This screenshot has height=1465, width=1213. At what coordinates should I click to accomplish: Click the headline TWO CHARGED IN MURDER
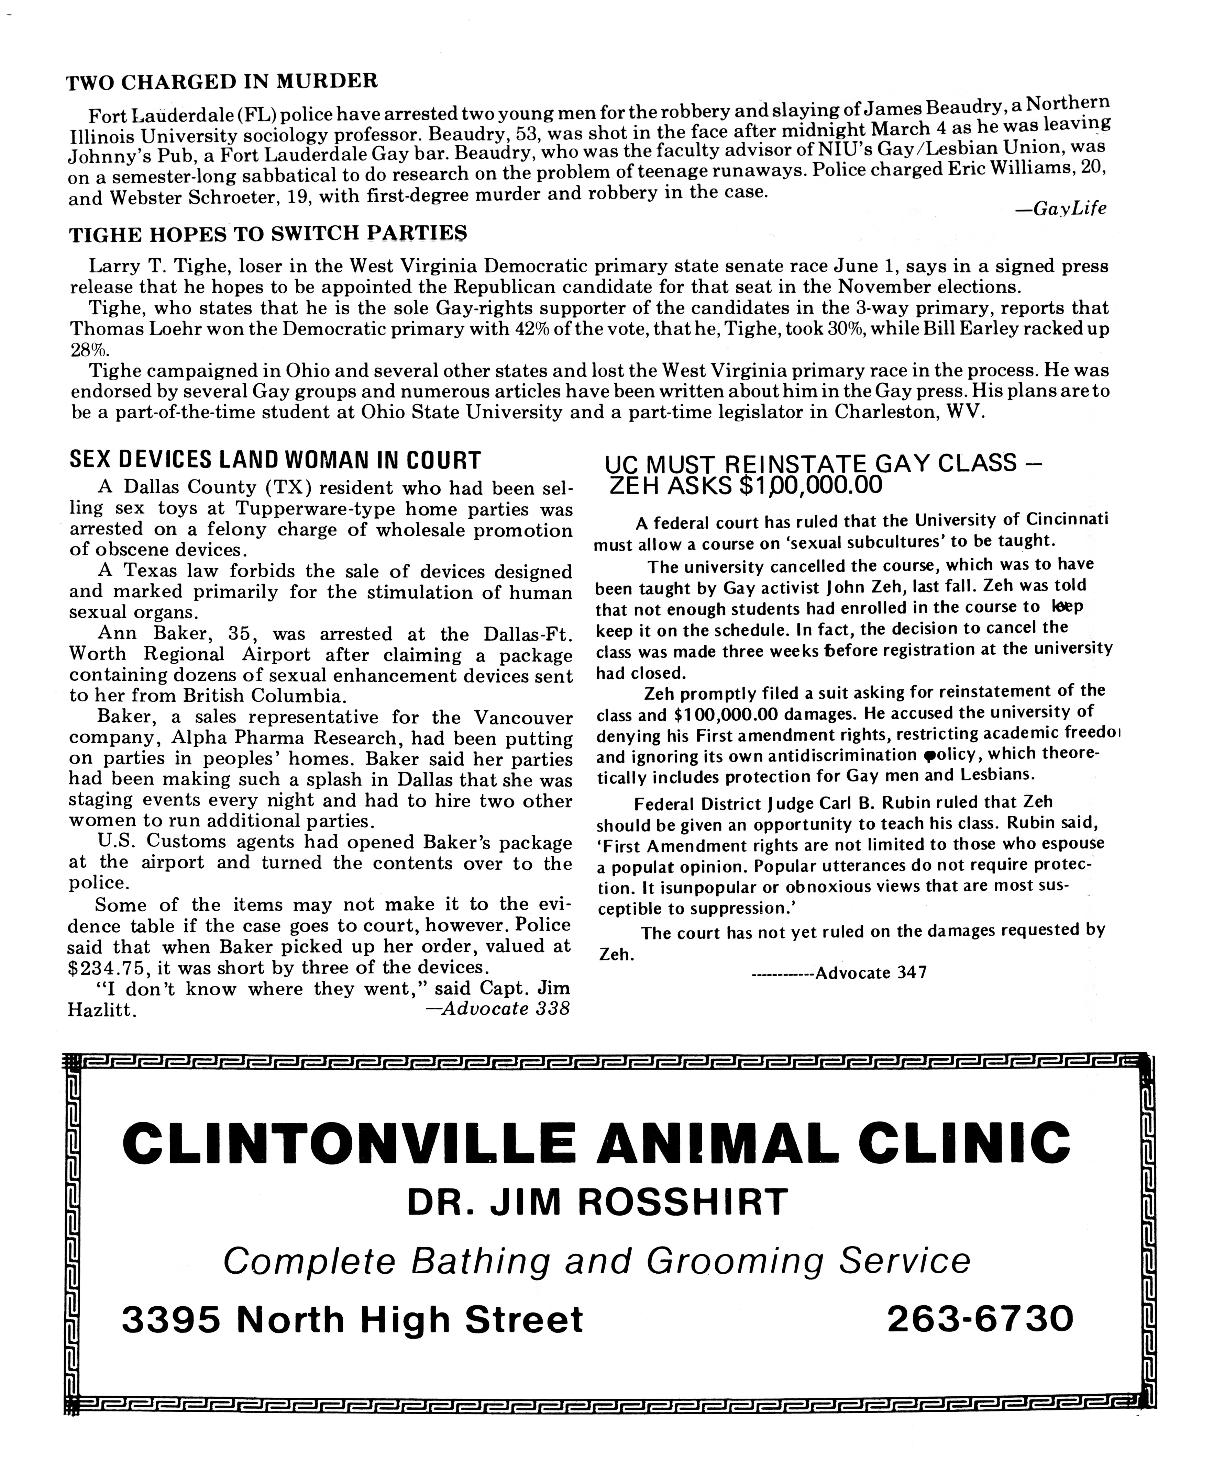(x=222, y=82)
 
